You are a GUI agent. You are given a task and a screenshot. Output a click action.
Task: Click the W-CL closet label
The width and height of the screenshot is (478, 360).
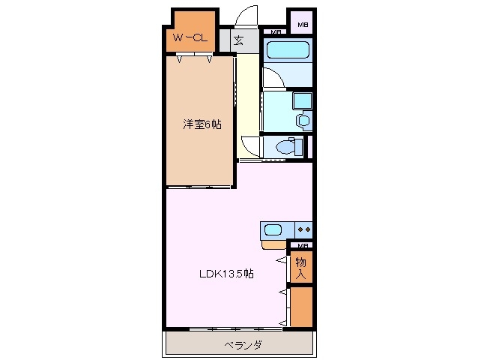(x=190, y=37)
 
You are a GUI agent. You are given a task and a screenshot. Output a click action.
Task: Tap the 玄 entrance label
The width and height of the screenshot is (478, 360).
(x=238, y=40)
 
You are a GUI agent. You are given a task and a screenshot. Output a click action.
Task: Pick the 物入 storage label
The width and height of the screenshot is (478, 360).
(x=300, y=268)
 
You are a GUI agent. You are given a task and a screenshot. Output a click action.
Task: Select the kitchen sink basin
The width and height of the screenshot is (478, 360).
(x=272, y=229)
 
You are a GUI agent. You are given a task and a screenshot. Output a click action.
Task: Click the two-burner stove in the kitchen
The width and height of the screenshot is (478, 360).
(x=303, y=229)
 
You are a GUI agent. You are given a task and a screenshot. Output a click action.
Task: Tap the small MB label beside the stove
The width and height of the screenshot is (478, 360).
(x=302, y=245)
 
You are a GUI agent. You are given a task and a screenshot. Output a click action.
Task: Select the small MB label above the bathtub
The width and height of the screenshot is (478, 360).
(x=276, y=31)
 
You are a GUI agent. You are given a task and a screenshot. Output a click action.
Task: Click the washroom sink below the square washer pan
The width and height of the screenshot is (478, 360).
(x=303, y=120)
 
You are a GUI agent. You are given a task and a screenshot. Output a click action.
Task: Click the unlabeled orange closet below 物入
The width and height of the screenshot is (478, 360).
(x=301, y=307)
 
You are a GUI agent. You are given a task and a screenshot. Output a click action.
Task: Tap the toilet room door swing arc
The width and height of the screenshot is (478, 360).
(x=252, y=146)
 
